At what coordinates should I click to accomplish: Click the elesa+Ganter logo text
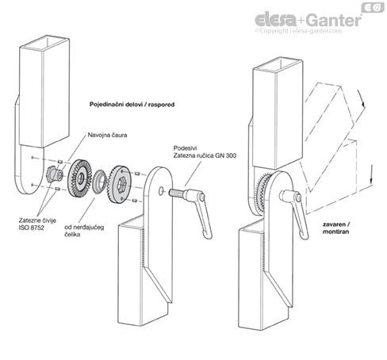coord(308,20)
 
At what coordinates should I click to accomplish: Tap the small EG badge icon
coord(373,7)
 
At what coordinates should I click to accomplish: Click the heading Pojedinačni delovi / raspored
coord(132,105)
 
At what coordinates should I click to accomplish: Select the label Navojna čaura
coord(107,135)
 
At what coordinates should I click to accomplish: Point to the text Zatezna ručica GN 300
coord(205,155)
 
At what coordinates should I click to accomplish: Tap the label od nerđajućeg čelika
coord(84,231)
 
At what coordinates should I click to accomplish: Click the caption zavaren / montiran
coord(336,228)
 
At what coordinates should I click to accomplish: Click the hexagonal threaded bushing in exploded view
coord(54,174)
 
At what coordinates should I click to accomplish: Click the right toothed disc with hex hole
coord(120,184)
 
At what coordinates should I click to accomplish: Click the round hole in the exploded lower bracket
coord(161,191)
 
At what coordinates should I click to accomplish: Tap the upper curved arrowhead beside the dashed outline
coord(363,104)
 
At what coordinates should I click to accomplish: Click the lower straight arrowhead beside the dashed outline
coord(371,181)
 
